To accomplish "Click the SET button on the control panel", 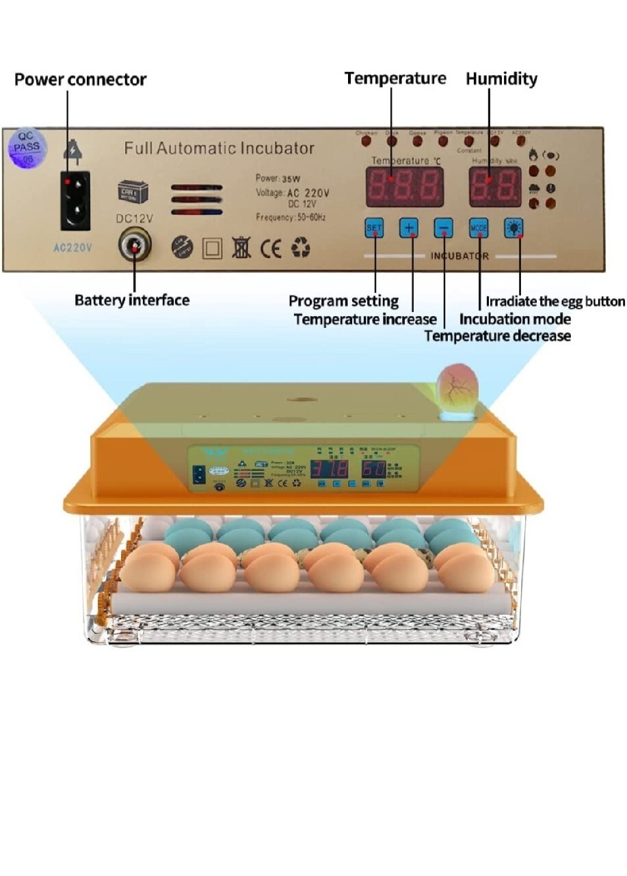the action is (374, 227).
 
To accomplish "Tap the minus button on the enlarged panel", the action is (443, 228).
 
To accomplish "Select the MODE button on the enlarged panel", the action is (479, 228).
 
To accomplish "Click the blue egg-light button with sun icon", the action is (513, 228).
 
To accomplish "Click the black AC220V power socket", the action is (75, 201).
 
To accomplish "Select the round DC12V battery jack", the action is (135, 244).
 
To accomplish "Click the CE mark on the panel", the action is (271, 248).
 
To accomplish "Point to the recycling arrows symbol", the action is (300, 248).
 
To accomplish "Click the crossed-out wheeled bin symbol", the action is (241, 248).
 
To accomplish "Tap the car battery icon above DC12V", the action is (132, 191).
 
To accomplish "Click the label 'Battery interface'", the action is (132, 300).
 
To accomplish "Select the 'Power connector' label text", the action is (80, 79).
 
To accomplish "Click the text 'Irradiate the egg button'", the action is (555, 301).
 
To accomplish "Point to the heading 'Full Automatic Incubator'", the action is (219, 148).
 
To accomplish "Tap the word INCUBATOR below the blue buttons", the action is (459, 257).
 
